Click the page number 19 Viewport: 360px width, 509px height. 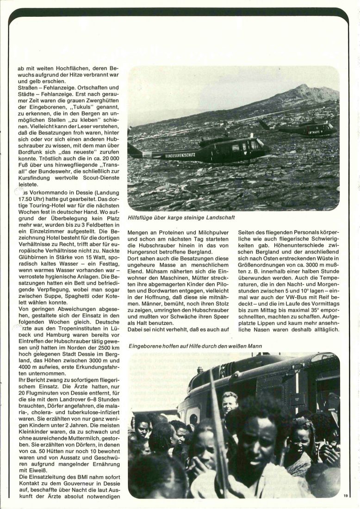pyautogui.click(x=346, y=496)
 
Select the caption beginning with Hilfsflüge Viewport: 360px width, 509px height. pyautogui.click(x=181, y=217)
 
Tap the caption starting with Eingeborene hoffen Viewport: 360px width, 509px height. pyautogui.click(x=196, y=345)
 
